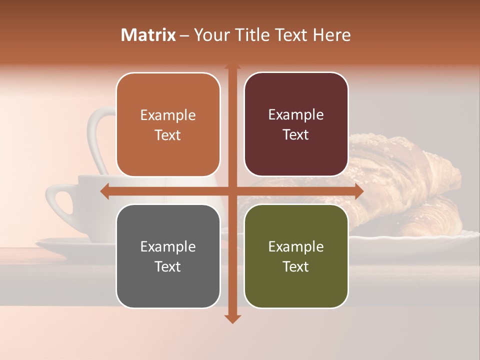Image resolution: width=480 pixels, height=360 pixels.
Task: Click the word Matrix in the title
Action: pos(148,35)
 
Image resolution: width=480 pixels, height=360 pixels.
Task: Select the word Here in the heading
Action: pos(331,35)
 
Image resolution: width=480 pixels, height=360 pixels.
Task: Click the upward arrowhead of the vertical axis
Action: pos(232,67)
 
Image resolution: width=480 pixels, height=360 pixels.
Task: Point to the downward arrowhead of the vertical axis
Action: pos(232,318)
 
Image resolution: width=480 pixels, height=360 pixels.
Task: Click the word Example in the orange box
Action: pos(168,115)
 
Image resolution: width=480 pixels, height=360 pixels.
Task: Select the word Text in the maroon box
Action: pos(296,135)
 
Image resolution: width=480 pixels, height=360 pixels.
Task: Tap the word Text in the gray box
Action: pos(168,266)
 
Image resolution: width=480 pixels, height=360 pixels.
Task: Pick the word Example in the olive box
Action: pos(296,246)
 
